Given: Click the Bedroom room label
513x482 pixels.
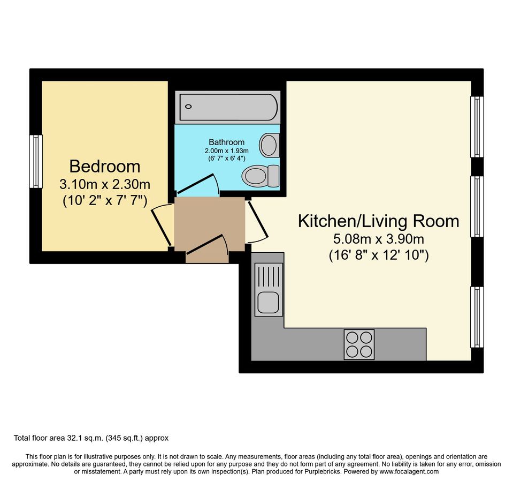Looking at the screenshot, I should pos(104,167).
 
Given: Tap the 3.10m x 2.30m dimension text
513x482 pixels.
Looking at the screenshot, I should pos(104,185).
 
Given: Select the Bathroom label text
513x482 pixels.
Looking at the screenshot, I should pos(226,142).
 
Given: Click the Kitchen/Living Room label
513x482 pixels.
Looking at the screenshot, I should pos(378,221).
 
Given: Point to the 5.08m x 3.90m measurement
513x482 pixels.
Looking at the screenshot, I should pos(378,239).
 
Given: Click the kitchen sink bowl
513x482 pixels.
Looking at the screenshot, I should pos(267,302).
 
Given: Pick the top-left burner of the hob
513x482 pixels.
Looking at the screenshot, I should pos(352,337).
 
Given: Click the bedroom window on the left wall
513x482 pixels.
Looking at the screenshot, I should pos(35,161).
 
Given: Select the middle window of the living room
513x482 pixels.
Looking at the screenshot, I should pos(476,206).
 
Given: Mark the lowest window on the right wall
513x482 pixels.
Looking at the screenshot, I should pos(476,317).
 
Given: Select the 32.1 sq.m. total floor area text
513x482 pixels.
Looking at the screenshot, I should pos(91,438).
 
